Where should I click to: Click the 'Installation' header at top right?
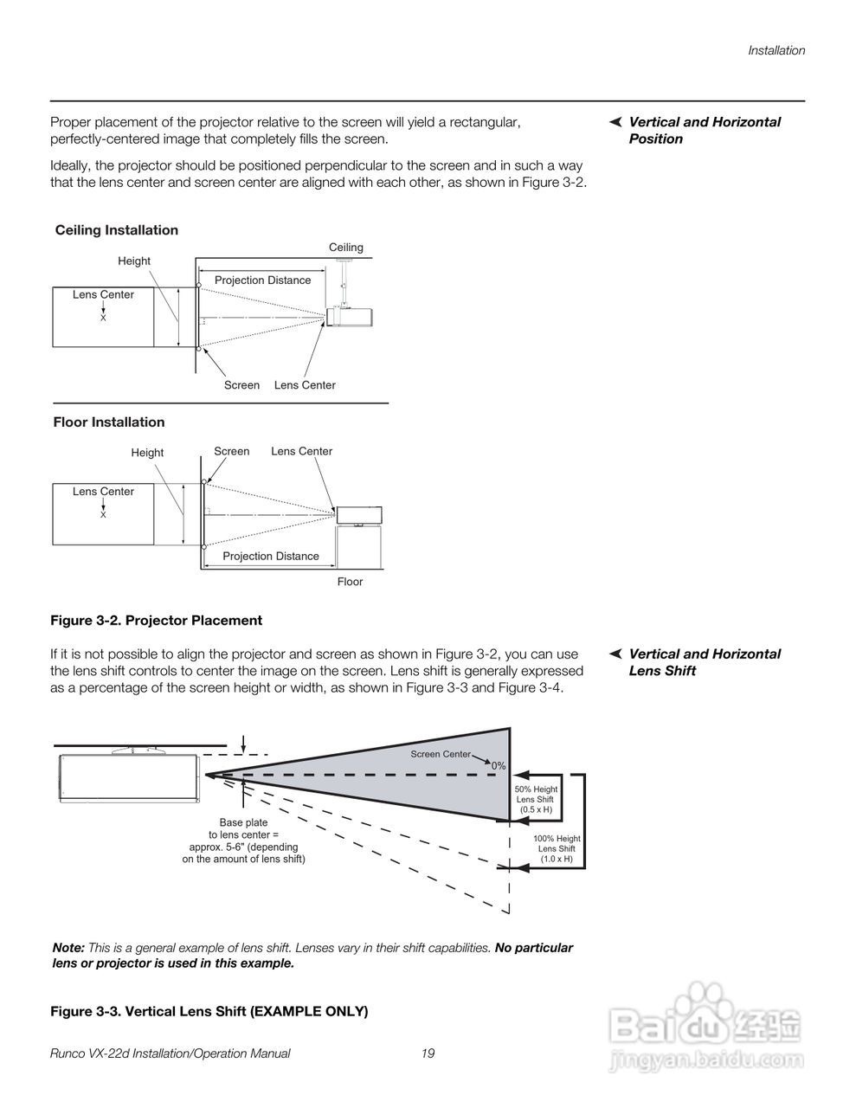tap(776, 50)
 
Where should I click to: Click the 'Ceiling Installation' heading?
tap(117, 230)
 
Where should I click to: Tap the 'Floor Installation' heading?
tap(109, 422)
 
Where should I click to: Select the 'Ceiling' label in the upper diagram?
tap(346, 248)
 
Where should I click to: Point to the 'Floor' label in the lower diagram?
tap(350, 582)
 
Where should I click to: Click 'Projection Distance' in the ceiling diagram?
tap(262, 280)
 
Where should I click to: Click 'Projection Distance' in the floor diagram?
tap(271, 556)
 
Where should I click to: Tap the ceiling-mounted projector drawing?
tap(351, 316)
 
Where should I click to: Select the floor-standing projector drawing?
tap(360, 515)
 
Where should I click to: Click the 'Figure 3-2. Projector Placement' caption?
tap(157, 621)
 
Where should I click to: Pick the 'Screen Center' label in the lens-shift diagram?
tap(441, 754)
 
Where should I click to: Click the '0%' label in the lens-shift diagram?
tap(499, 766)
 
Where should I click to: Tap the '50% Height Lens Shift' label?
tap(536, 799)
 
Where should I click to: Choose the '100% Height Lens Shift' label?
tap(557, 848)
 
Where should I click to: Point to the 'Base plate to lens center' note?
tap(243, 841)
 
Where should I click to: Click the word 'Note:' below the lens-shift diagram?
tap(68, 948)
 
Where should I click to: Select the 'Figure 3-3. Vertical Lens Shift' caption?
tap(209, 1011)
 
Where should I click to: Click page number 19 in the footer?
tap(428, 1053)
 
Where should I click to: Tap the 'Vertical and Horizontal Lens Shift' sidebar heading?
tap(704, 662)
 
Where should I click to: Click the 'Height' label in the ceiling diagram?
tap(134, 261)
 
